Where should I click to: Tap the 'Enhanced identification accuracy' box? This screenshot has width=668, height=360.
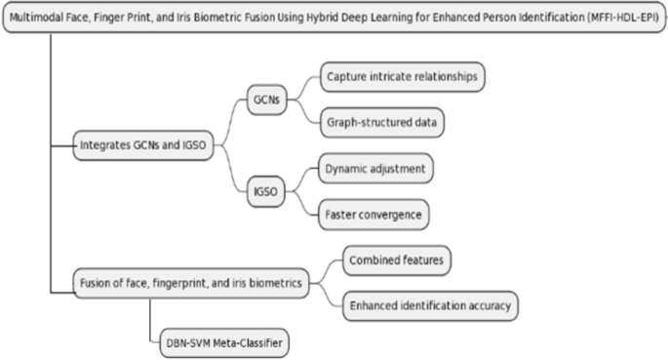(x=430, y=305)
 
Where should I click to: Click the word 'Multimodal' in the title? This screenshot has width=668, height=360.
(x=39, y=18)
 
